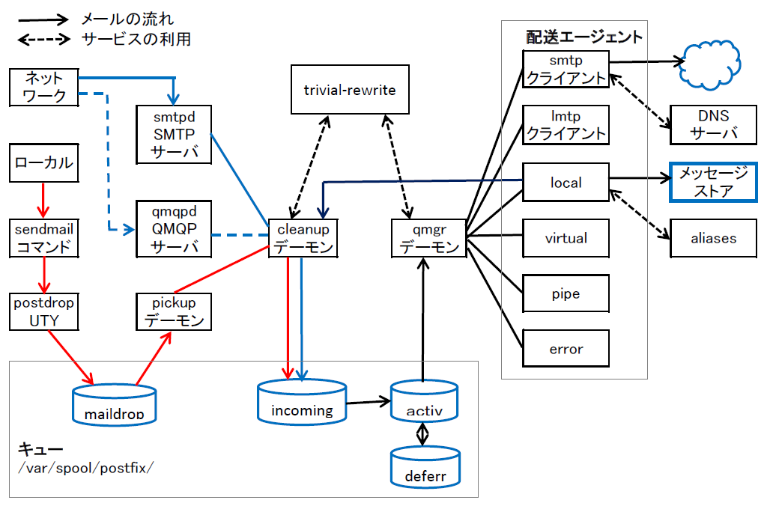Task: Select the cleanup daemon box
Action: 302,237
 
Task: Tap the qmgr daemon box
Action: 428,237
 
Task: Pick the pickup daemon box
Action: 173,311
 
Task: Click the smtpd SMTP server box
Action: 173,135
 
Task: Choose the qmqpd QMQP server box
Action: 173,228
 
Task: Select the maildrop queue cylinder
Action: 113,405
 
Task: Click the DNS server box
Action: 713,125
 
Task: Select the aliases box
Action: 713,238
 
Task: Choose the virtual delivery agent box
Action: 566,238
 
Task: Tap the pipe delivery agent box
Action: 566,294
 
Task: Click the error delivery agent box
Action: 566,349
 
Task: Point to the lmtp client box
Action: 566,125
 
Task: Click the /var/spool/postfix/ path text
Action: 85,469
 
